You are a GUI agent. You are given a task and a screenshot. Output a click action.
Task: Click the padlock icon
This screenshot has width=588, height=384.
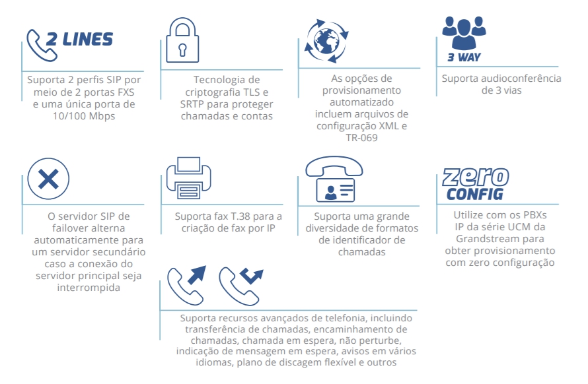click(x=182, y=40)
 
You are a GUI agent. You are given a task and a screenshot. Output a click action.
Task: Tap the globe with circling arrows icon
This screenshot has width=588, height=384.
click(x=326, y=40)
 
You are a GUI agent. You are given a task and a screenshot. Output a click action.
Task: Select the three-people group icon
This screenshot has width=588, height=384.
click(x=464, y=33)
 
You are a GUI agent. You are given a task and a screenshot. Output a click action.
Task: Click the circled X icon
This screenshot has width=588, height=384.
click(x=48, y=179)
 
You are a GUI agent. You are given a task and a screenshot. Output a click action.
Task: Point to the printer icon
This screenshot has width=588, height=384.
click(x=189, y=178)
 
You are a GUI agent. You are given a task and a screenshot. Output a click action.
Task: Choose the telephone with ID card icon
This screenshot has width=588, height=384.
click(x=334, y=179)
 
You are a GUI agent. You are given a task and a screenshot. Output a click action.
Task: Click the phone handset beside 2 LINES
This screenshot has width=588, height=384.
click(x=42, y=46)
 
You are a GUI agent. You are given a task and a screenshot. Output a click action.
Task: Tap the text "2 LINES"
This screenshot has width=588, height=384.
click(x=79, y=40)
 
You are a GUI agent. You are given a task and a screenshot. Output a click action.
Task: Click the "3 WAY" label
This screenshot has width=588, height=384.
click(x=464, y=57)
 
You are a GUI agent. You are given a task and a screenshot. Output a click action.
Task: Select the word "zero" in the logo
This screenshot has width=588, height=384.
click(x=476, y=177)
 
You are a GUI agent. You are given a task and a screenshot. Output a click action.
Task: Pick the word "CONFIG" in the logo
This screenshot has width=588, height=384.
click(x=475, y=194)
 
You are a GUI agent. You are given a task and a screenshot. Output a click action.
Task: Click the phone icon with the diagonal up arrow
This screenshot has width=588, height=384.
click(x=187, y=285)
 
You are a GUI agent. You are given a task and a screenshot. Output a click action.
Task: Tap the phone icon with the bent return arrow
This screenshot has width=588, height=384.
click(x=241, y=286)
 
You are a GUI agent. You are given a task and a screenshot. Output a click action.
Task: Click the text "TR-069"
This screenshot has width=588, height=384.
click(x=361, y=138)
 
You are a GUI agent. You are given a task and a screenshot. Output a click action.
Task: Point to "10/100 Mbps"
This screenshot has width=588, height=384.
click(x=84, y=116)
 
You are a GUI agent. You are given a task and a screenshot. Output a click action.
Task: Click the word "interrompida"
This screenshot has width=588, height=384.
click(x=89, y=288)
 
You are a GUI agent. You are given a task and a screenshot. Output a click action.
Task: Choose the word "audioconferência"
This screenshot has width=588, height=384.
click(x=521, y=79)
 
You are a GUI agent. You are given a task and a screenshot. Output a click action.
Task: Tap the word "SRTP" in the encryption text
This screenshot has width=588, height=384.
click(x=192, y=104)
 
